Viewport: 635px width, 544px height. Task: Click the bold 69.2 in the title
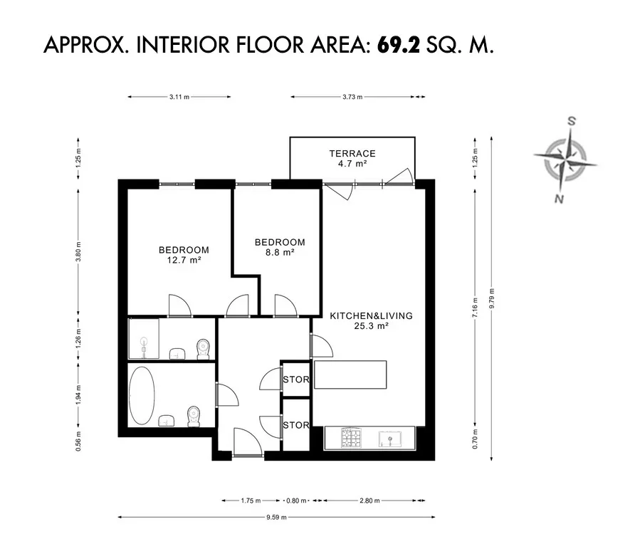[x=399, y=45]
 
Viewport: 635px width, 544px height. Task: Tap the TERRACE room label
[x=352, y=154]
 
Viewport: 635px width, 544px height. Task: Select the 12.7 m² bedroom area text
[x=184, y=260]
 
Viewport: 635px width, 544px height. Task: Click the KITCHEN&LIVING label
[x=372, y=315]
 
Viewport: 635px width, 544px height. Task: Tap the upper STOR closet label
[x=296, y=380]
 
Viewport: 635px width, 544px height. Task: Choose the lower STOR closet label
[x=296, y=425]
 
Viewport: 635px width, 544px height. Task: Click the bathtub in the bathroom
[x=142, y=396]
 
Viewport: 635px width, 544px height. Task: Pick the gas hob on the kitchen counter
[x=351, y=438]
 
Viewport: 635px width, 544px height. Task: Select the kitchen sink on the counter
[x=389, y=439]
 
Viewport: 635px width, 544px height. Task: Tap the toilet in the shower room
[x=203, y=349]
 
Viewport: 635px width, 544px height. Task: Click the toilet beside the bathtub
[x=194, y=417]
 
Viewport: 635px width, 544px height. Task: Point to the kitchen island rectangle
[x=350, y=375]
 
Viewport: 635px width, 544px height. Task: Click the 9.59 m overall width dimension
[x=277, y=517]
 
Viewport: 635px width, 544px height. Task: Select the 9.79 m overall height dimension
[x=492, y=298]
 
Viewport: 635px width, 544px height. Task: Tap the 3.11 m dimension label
[x=179, y=97]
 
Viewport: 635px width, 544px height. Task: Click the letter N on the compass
[x=559, y=199]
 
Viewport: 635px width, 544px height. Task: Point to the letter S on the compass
[x=572, y=121]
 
